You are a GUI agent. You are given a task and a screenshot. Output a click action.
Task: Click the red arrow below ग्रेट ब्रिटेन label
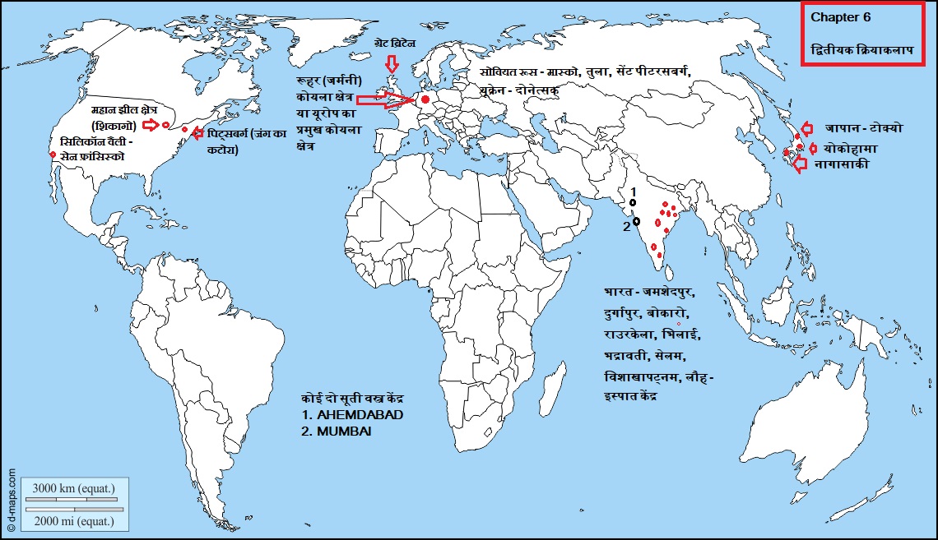[x=392, y=63]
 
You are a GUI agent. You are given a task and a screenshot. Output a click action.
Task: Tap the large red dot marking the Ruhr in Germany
[x=425, y=100]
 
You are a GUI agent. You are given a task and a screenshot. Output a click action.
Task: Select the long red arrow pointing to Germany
[x=387, y=101]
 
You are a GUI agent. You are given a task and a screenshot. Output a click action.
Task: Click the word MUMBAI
[x=345, y=430]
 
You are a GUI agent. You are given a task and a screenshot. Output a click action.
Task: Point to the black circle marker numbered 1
[x=633, y=201]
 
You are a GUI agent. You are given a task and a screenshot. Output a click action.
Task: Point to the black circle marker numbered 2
[x=636, y=221]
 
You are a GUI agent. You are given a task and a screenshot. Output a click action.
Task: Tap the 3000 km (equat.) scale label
[x=73, y=489]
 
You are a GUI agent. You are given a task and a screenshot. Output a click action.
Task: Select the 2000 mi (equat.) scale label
[x=73, y=521]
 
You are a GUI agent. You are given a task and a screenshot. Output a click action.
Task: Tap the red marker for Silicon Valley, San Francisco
[x=53, y=155]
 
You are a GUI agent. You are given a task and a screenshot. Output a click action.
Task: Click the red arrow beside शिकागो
[x=150, y=125]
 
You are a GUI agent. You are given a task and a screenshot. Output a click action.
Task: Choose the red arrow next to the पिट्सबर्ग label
[x=197, y=132]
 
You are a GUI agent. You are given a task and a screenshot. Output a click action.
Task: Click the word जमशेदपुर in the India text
[x=669, y=293]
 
